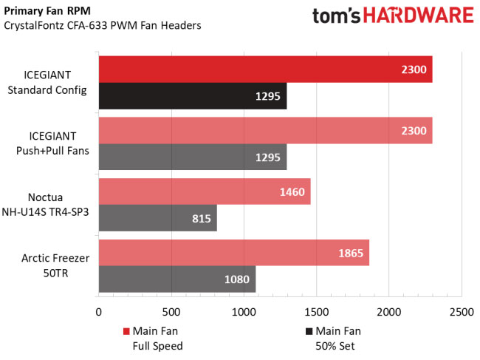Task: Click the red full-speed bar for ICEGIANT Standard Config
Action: pos(264,69)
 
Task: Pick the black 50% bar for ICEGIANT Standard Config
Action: pos(192,96)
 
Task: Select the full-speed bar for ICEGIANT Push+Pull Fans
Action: pos(264,130)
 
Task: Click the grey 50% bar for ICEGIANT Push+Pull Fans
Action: pos(192,157)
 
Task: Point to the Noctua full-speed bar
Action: pos(204,191)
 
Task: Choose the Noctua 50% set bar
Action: pos(157,218)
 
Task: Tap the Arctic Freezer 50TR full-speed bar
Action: pos(233,253)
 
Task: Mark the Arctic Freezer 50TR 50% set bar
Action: pos(176,279)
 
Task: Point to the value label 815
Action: pos(201,219)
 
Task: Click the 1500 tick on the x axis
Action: pos(316,313)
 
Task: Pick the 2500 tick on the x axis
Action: pos(462,313)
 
